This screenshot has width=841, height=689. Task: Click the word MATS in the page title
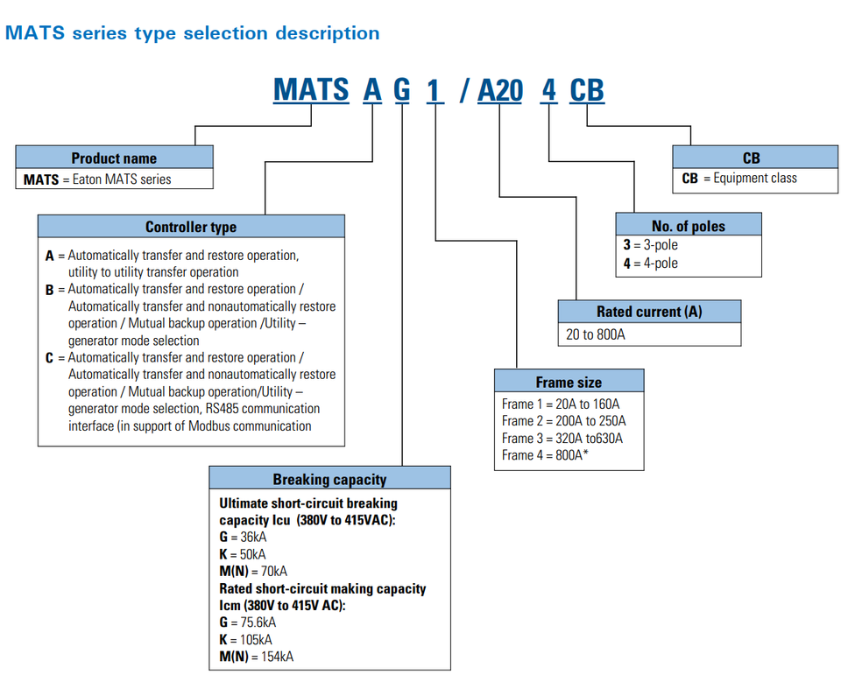click(x=35, y=32)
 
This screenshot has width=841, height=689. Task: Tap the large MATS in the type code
click(x=311, y=89)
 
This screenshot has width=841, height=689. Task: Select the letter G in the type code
click(x=402, y=89)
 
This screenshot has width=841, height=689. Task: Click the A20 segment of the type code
click(x=500, y=89)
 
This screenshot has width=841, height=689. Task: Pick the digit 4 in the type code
click(x=548, y=89)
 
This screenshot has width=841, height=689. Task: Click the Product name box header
click(x=114, y=158)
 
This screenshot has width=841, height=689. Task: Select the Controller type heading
click(x=191, y=227)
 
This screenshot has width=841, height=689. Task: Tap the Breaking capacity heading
click(x=330, y=479)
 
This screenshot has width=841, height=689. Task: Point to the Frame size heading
click(x=569, y=383)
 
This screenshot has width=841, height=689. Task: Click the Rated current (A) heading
click(x=649, y=312)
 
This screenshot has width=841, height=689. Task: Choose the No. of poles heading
click(x=689, y=226)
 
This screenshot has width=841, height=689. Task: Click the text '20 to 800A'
click(x=596, y=334)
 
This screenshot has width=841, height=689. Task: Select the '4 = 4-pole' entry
click(x=651, y=264)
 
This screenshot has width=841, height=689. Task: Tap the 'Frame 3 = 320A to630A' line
click(x=562, y=438)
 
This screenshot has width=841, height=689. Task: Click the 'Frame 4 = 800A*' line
click(x=545, y=455)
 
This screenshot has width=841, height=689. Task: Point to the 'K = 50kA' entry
click(x=243, y=554)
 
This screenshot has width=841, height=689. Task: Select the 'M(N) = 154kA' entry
click(x=257, y=657)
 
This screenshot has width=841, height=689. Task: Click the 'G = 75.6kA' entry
click(x=248, y=622)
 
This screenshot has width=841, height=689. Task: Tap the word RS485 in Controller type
click(x=222, y=409)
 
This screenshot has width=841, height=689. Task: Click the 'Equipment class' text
click(x=755, y=178)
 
